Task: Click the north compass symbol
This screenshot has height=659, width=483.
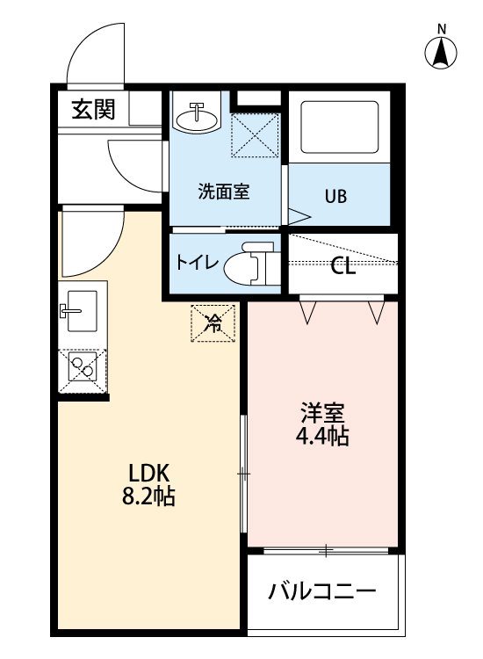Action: (441, 53)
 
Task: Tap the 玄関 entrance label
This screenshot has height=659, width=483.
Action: (93, 109)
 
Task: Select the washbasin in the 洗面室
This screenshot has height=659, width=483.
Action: (198, 116)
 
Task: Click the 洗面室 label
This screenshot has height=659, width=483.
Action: (224, 192)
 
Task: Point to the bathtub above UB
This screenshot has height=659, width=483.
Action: (339, 127)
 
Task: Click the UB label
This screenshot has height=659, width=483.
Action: (335, 196)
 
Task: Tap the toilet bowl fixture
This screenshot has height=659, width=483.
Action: (249, 264)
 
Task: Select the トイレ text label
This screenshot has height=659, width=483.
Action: (198, 263)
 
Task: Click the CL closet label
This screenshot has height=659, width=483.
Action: (342, 266)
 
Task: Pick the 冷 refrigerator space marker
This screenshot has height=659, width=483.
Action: (213, 323)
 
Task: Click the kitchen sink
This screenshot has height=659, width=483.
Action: (82, 311)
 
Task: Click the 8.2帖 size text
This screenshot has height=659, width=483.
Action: (148, 496)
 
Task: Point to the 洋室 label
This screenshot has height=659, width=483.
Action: (322, 414)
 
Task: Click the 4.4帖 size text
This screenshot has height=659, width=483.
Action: (322, 436)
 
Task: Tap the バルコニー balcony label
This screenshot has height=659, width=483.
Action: (322, 591)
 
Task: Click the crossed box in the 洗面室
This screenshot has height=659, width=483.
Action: (256, 135)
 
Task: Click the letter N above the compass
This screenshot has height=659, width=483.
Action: (442, 29)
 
